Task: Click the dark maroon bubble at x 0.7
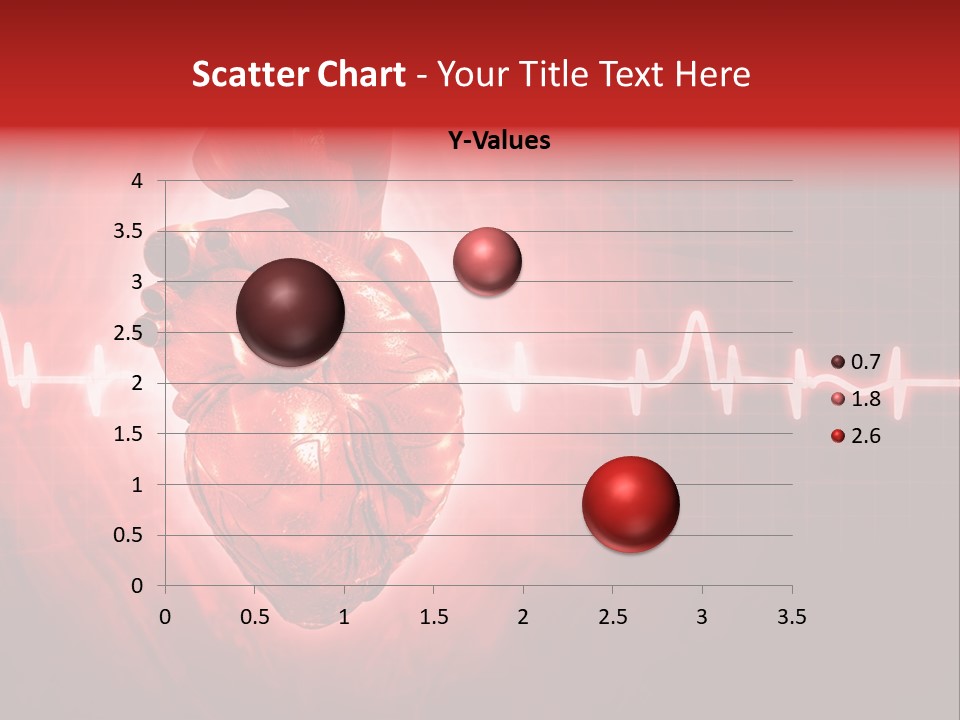(290, 312)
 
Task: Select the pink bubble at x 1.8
(487, 261)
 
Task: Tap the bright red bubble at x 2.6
(630, 504)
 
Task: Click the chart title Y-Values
(498, 141)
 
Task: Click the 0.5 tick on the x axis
(254, 617)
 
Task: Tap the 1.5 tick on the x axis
(433, 617)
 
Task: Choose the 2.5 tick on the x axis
(612, 617)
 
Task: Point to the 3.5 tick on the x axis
(791, 617)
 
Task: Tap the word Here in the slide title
(712, 74)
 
